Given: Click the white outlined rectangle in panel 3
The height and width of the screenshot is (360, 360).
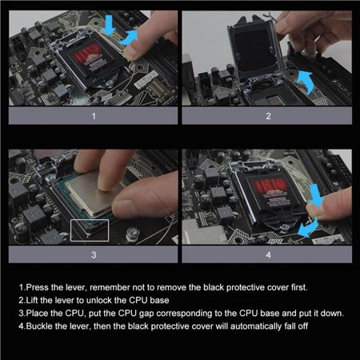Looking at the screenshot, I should click(90, 230).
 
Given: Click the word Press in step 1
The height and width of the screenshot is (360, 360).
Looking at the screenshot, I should click(35, 286).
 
